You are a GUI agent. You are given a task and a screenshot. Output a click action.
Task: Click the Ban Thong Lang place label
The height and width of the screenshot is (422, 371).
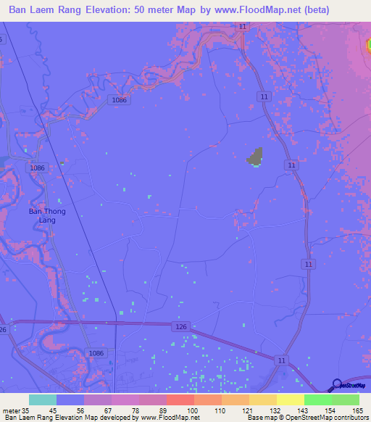pos(41,215)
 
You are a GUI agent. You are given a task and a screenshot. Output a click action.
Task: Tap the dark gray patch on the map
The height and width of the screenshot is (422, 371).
pos(254,156)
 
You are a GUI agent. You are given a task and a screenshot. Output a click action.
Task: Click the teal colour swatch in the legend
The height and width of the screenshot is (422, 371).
pos(42,400)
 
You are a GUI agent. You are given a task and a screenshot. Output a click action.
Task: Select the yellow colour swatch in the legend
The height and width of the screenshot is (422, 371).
pos(290,400)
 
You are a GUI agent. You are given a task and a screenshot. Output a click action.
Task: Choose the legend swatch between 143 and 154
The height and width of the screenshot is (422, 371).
pos(317,400)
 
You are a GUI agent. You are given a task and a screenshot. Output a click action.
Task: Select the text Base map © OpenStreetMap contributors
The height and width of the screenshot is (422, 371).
pos(307,418)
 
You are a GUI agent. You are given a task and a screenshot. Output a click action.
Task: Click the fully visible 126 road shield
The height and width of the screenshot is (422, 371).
pos(182,328)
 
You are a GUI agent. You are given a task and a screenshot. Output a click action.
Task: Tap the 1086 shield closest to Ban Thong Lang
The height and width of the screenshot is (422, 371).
pos(38,167)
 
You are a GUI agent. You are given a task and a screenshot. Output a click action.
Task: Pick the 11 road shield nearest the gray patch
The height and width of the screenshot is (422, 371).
pos(291,165)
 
